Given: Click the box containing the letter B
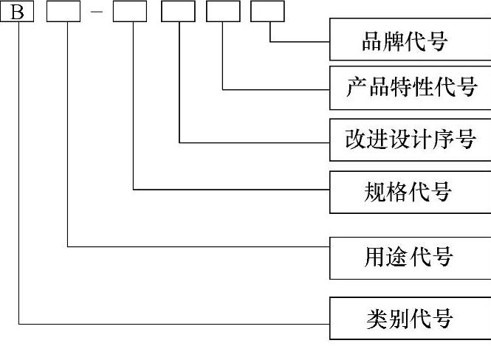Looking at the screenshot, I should coord(17,12).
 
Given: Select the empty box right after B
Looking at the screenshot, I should coord(63,12).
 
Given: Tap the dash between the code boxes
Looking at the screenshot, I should coord(96,13).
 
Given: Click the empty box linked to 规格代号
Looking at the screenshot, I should coord(130,12).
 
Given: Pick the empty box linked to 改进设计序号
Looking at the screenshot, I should coord(178,12).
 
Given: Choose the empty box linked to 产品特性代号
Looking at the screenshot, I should coord(223,12).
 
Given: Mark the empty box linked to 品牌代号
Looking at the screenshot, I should coord(267,12).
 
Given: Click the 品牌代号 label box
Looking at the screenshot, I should coord(410,41).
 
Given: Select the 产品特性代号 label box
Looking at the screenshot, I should coord(410,89).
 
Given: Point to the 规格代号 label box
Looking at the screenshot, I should coord(410,192).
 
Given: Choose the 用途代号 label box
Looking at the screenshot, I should coord(410,257).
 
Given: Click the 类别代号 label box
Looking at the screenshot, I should coord(410,318).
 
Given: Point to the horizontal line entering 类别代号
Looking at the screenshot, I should coord(177,323).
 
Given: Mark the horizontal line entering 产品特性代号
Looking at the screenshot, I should coord(277,90).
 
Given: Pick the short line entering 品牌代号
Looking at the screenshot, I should coord(300,41).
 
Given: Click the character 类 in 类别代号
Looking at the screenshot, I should coord(377,319).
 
